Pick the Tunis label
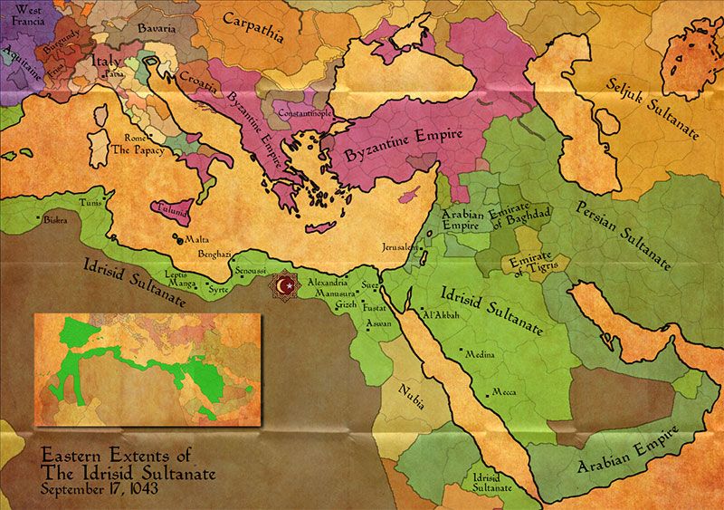91,204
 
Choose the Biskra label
52,220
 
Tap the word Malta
196,240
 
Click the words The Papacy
139,150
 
